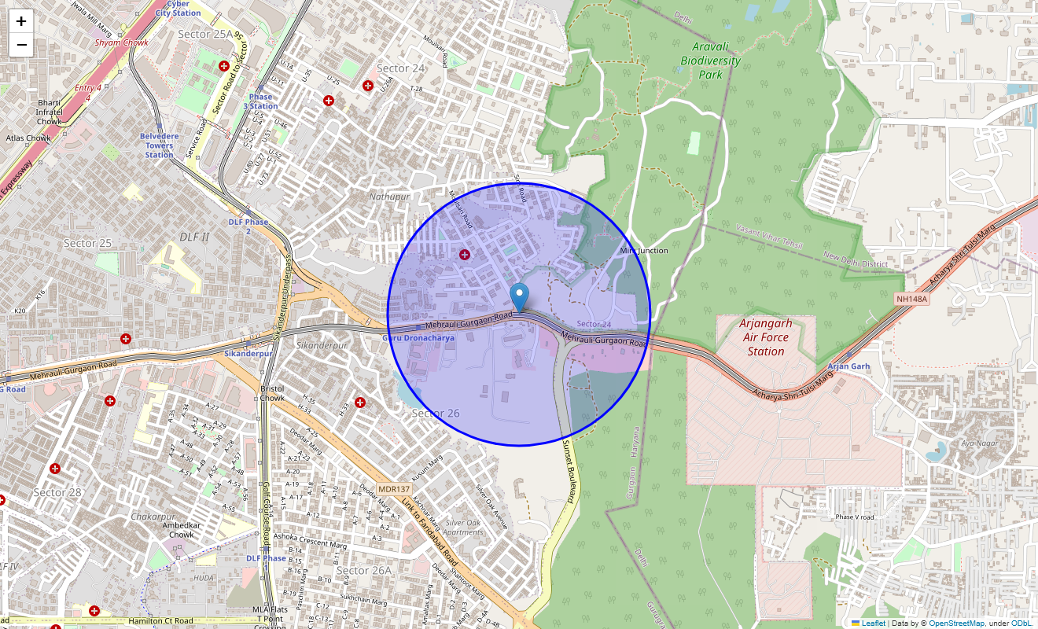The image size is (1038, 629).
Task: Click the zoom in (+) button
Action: pyautogui.click(x=21, y=21)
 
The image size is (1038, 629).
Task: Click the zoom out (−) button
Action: pyautogui.click(x=21, y=45)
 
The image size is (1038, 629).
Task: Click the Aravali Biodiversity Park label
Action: pyautogui.click(x=710, y=61)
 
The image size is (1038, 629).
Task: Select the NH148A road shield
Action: pyautogui.click(x=912, y=299)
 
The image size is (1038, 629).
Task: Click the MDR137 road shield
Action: pyautogui.click(x=394, y=489)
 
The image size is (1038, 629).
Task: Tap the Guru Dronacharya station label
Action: pyautogui.click(x=418, y=338)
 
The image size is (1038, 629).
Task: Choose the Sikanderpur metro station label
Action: pyautogui.click(x=248, y=354)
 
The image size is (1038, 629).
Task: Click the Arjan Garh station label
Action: pyautogui.click(x=849, y=366)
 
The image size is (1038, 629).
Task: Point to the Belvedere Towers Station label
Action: pyautogui.click(x=159, y=145)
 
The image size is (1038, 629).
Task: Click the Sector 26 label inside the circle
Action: pyautogui.click(x=436, y=414)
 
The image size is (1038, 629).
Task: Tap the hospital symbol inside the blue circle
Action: pyautogui.click(x=465, y=254)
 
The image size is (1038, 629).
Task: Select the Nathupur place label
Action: pyautogui.click(x=389, y=197)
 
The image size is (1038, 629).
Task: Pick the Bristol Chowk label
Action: pyautogui.click(x=272, y=393)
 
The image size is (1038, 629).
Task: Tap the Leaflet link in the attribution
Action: pyautogui.click(x=874, y=623)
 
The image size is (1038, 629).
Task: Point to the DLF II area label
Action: pyautogui.click(x=194, y=237)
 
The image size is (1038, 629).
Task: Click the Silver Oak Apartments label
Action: pyautogui.click(x=464, y=527)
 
